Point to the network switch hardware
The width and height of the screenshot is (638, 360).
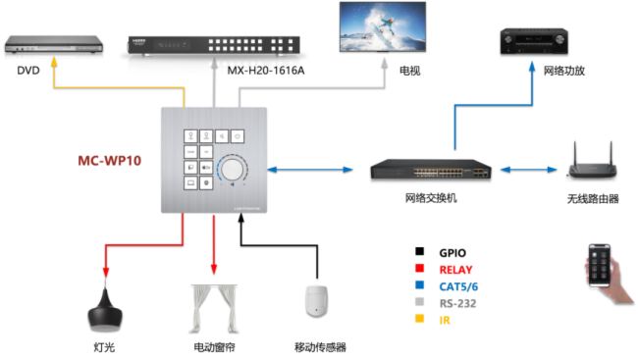(429, 170)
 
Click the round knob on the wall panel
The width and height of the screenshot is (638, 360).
(234, 170)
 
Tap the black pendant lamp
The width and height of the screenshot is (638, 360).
(104, 312)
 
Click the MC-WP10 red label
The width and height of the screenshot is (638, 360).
(109, 159)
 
